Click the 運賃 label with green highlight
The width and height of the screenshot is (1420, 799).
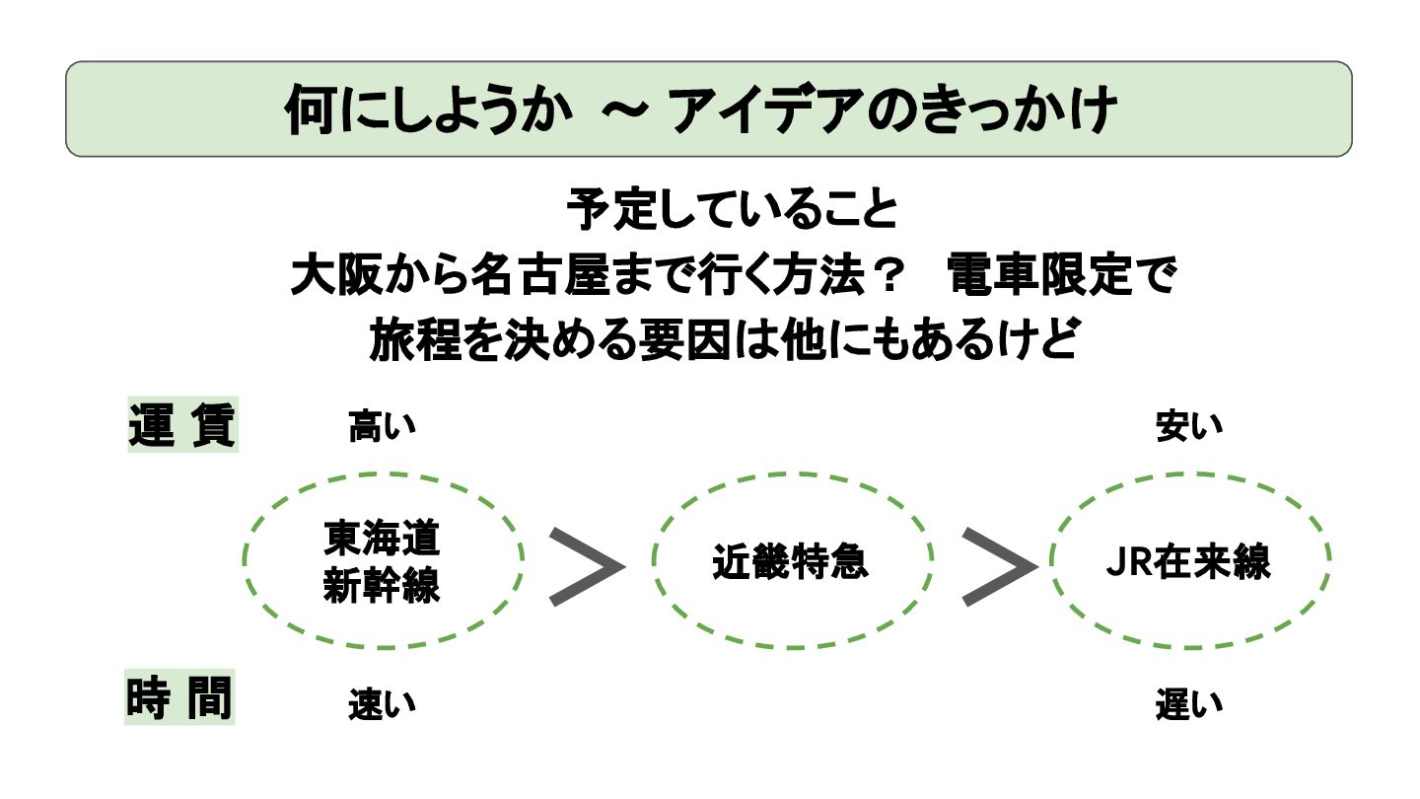click(x=182, y=426)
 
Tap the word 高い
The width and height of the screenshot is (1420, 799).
click(x=382, y=427)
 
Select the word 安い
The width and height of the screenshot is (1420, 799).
click(x=1188, y=427)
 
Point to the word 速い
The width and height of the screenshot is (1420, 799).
click(x=382, y=704)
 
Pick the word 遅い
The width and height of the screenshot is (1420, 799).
click(x=1188, y=704)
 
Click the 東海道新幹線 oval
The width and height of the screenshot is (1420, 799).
click(x=383, y=562)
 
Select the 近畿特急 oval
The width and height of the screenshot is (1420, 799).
click(x=790, y=562)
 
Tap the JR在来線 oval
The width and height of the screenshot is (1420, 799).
click(x=1188, y=562)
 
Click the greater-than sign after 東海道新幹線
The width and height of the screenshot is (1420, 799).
click(x=586, y=565)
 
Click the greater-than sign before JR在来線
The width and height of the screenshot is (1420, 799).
click(x=998, y=565)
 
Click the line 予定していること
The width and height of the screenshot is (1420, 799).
click(x=732, y=211)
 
